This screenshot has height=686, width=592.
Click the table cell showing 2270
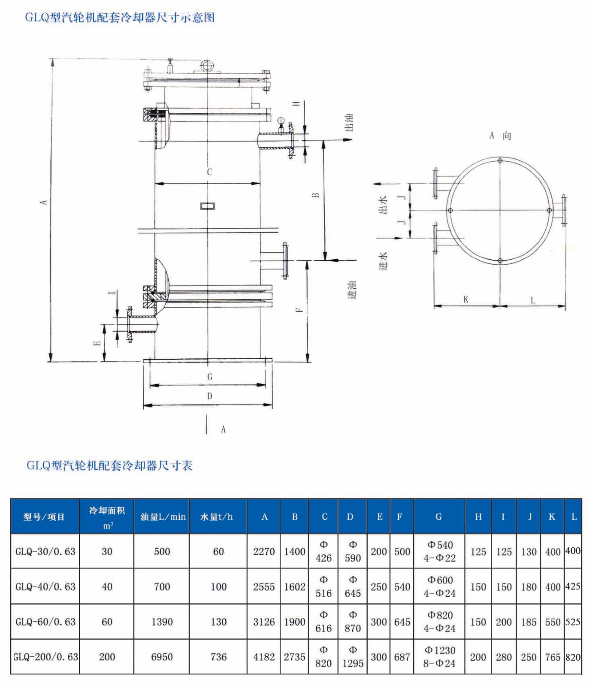263,551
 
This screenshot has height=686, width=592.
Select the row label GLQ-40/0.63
45,586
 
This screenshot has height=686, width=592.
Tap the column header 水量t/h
217,517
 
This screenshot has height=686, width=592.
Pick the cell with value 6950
162,657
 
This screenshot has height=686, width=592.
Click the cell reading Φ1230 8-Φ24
439,657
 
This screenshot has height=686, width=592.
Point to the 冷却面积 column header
107,517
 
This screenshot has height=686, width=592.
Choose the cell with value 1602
294,586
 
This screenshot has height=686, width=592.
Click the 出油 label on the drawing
350,123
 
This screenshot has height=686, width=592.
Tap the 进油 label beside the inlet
352,290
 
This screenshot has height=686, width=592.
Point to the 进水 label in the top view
383,261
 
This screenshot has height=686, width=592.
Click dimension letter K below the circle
466,299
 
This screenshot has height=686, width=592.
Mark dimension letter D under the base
209,396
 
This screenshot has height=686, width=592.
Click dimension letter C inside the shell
209,172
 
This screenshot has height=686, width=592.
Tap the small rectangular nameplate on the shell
208,206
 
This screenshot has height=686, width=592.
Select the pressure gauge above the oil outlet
281,121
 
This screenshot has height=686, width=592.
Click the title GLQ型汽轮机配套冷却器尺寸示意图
120,18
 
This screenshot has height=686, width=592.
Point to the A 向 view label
500,136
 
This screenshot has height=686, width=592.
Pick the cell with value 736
218,657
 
